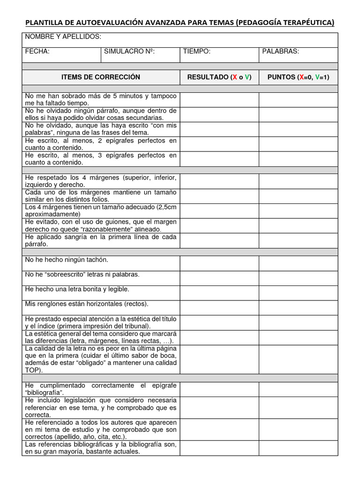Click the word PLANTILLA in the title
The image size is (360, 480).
[x=44, y=22]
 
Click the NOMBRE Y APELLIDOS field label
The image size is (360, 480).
[x=63, y=37]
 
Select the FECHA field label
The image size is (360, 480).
[x=37, y=52]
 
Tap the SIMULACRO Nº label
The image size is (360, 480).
[x=129, y=52]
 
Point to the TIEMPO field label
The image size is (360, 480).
[x=197, y=52]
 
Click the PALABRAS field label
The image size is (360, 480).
[x=280, y=52]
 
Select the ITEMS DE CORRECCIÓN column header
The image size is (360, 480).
[x=101, y=77]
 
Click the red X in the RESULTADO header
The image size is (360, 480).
[x=234, y=77]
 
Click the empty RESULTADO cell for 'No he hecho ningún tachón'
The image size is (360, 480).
[x=219, y=263]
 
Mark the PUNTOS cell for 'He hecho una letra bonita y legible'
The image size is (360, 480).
[x=298, y=293]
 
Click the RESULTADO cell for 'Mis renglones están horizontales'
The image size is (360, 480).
[x=219, y=307]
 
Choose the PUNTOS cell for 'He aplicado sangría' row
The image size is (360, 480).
[x=298, y=240]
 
